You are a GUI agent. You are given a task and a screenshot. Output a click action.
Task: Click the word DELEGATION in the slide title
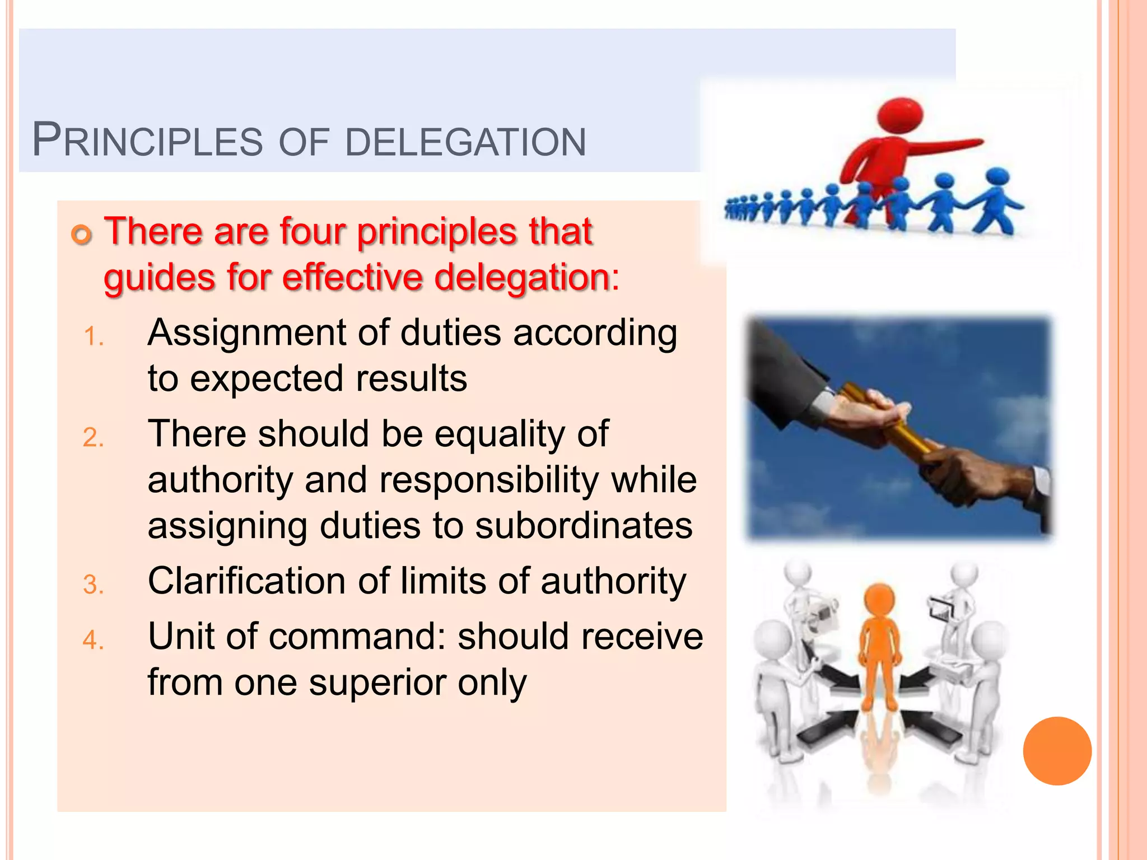465,142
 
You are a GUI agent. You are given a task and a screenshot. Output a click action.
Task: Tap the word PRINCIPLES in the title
147,141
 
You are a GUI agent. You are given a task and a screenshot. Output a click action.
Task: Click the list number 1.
93,337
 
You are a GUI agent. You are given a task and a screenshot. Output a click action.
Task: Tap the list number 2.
93,437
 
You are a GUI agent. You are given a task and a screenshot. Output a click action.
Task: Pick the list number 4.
93,640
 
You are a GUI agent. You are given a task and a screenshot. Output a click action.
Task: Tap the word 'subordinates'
584,526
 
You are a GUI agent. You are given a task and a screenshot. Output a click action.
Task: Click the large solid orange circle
1057,751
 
